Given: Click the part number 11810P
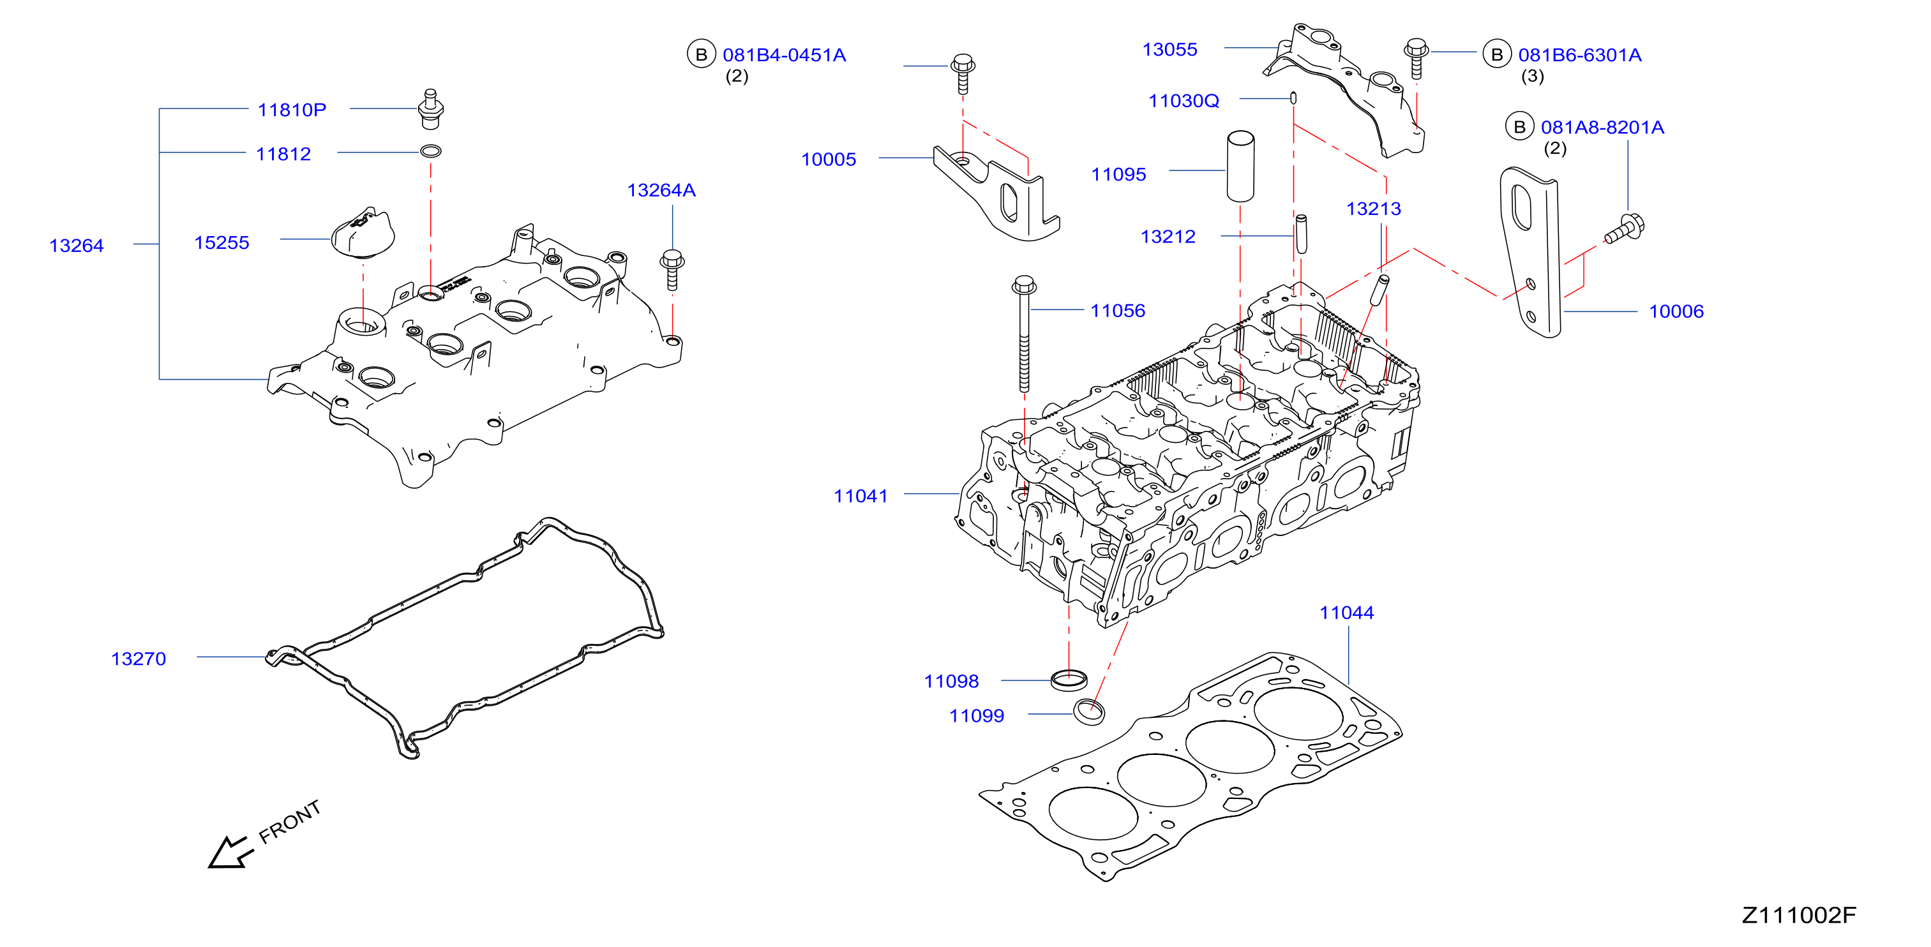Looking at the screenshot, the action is coord(292,110).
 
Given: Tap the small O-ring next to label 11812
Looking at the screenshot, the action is coord(430,151).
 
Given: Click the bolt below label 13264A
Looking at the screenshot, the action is coord(672,270).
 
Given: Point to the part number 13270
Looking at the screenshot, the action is coord(139,659).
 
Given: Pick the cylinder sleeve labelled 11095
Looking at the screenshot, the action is coord(1240,167).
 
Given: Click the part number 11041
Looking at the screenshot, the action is coord(860,496).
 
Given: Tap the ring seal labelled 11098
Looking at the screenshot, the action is coord(1069,680).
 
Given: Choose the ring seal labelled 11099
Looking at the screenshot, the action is coord(1089,711).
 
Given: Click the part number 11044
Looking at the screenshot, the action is coord(1346,613).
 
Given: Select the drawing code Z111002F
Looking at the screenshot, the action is coord(1799,915).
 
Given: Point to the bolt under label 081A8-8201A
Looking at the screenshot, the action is coord(1624,229).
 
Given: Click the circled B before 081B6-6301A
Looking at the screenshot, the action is coord(1497,54).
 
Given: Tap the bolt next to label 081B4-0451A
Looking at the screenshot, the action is coord(963,73).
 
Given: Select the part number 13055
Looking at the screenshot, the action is coord(1169,49).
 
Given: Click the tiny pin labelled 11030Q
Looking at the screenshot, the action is coord(1293,98).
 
